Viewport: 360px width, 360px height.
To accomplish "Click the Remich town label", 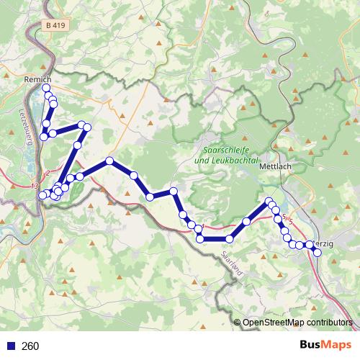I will point(37,78).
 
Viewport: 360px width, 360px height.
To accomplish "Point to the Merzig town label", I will point(324,244).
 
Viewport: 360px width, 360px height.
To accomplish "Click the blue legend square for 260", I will point(9,346).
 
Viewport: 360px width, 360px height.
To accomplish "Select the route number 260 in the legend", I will point(31,346).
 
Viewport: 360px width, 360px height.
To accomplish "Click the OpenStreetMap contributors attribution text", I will point(297,323).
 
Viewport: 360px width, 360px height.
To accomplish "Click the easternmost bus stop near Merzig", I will point(317,251).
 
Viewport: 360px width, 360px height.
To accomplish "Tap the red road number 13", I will point(35,186).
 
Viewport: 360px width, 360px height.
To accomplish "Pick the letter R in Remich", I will point(27,78).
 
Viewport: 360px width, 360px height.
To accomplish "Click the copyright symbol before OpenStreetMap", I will point(237,323).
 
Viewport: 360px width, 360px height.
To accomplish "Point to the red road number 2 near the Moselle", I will point(48,173).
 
